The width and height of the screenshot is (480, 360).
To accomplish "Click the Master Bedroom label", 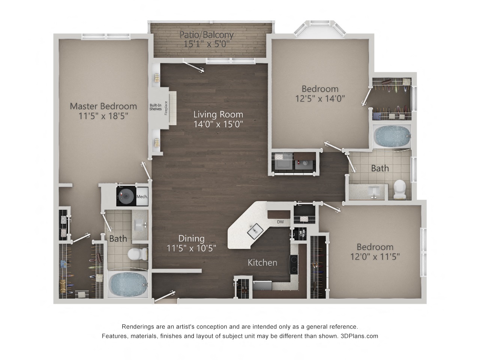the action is click(103, 106).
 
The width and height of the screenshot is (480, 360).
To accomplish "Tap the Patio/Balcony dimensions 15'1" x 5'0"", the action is click(206, 44).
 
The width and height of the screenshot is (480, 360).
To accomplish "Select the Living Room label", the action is click(218, 114).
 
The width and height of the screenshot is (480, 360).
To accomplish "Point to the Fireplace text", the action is click(166, 108).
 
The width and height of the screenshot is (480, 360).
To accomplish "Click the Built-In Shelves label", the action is click(156, 107).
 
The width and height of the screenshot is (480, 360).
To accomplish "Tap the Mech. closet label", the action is click(142, 196).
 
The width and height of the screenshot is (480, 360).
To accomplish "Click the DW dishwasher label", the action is click(280, 222).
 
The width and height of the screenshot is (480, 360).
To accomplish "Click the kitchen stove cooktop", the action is click(294, 265).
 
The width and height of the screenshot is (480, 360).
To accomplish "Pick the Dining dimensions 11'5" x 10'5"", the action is click(191, 248).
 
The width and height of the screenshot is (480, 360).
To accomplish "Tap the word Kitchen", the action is click(262, 262).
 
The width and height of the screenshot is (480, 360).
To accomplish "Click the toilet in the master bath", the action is click(138, 254).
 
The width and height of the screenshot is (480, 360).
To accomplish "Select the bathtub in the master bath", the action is click(128, 285).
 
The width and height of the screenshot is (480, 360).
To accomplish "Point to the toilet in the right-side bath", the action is click(400, 189).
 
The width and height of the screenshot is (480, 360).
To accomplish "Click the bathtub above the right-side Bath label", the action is click(391, 136).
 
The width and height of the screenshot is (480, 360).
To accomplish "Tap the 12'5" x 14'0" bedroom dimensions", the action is click(320, 99).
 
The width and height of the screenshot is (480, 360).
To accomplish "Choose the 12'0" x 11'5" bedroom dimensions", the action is click(375, 256).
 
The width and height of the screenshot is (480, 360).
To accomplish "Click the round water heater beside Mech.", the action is click(126, 196).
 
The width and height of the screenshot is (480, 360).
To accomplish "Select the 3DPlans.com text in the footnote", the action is click(359, 336).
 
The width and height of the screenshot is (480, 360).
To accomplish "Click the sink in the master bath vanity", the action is click(139, 225).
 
